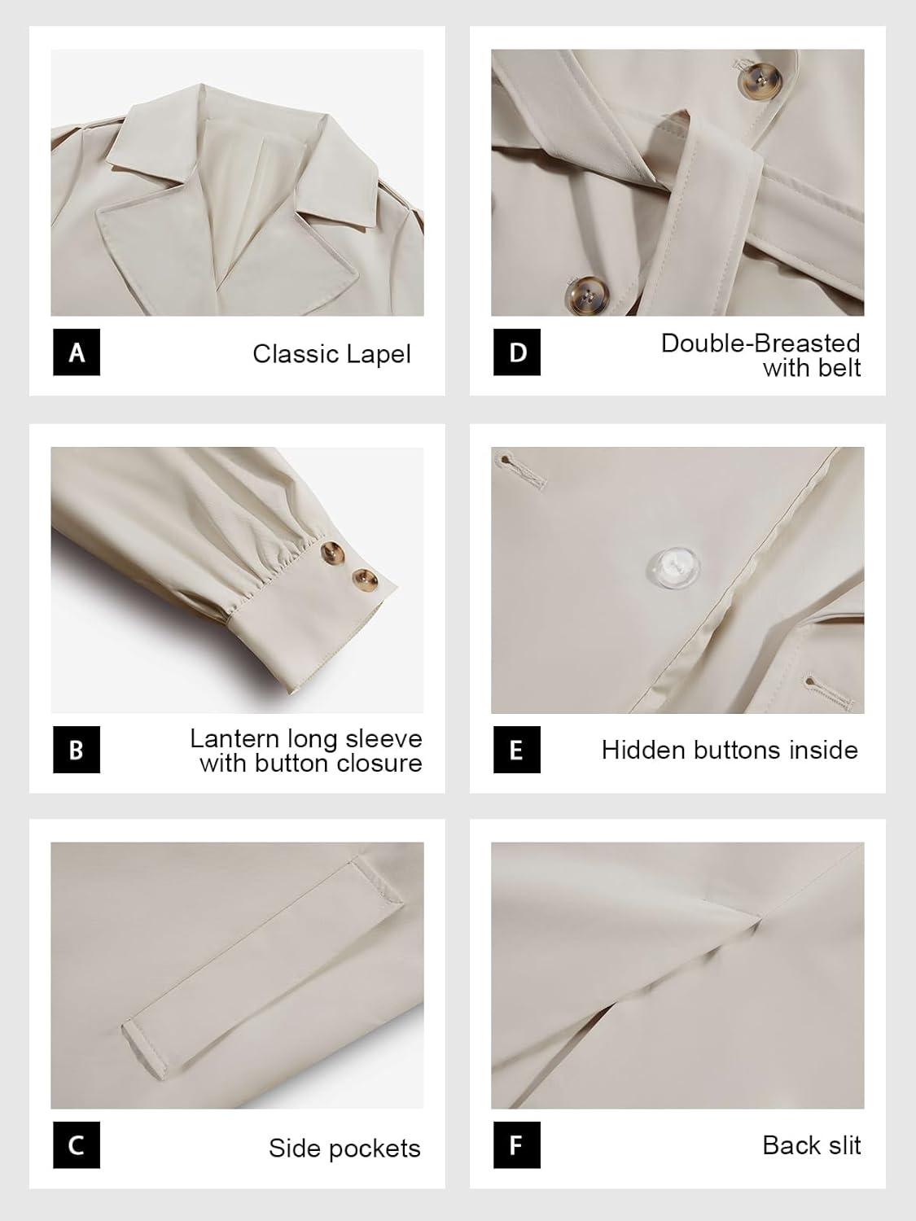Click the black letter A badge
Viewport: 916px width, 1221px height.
(x=77, y=352)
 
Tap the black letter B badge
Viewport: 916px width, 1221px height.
(x=77, y=750)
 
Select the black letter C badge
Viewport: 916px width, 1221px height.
(x=77, y=1144)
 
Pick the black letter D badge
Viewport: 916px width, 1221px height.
(x=517, y=352)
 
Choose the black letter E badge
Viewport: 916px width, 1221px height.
(x=517, y=750)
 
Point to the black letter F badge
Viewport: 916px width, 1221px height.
(x=517, y=1144)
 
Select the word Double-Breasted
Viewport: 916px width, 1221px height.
(x=760, y=344)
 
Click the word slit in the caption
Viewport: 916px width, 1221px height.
(x=844, y=1145)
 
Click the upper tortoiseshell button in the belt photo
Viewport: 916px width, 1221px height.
(x=760, y=81)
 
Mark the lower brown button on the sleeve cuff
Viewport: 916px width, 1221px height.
(x=365, y=580)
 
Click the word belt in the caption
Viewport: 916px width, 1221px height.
(x=839, y=368)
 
